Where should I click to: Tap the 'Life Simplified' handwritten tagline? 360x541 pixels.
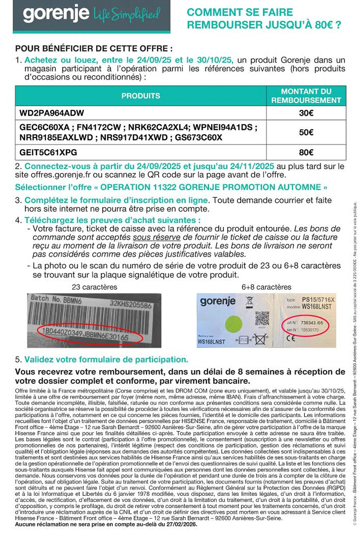[x=127, y=14]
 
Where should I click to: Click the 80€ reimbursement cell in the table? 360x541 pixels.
[x=306, y=152]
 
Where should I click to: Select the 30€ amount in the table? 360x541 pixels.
[x=306, y=113]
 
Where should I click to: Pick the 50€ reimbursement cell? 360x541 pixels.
[x=306, y=132]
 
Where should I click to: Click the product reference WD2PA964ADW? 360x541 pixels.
[x=52, y=113]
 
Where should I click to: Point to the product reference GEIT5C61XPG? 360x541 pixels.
[x=48, y=152]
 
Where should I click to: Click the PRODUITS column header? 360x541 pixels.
[x=141, y=96]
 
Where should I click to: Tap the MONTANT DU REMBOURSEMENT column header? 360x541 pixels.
[x=306, y=96]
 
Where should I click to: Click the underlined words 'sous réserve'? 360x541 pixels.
[x=156, y=237]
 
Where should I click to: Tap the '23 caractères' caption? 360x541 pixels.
[x=94, y=287]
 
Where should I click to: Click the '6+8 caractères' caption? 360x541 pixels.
[x=266, y=287]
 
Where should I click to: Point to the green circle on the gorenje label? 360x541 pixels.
[x=234, y=324]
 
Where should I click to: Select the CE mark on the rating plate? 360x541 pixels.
[x=291, y=338]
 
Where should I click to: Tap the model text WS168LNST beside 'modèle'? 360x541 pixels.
[x=316, y=306]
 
